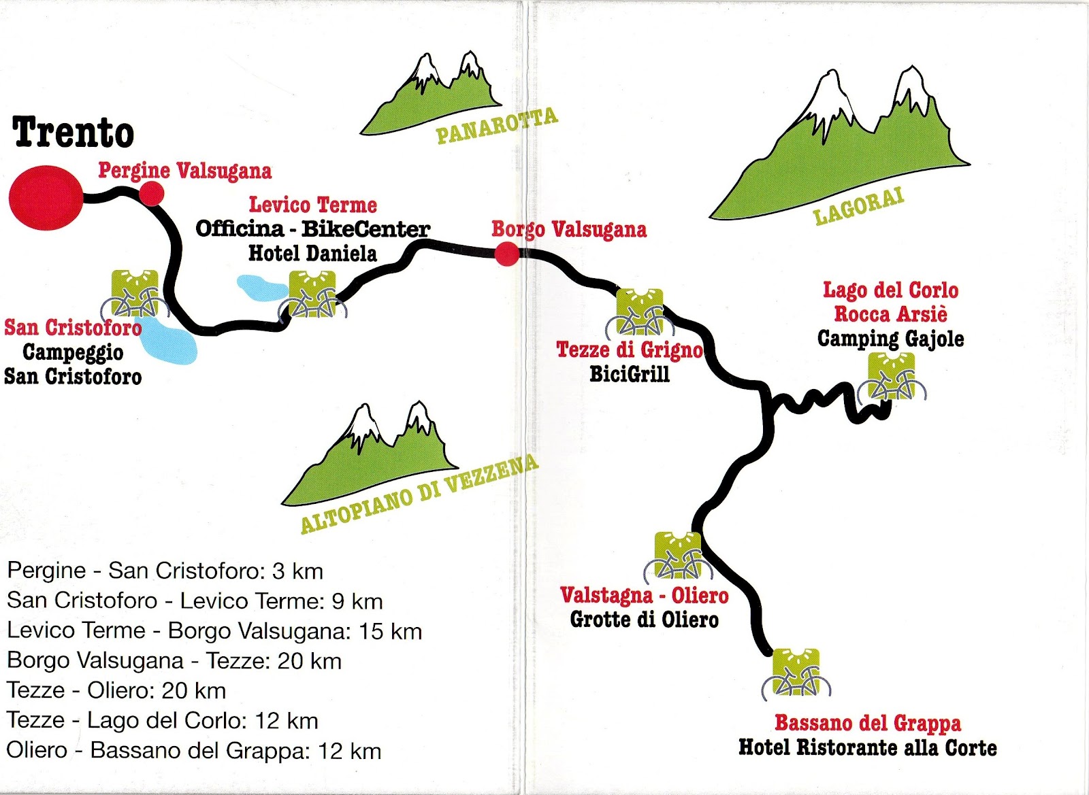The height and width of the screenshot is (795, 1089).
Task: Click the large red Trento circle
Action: [46, 197]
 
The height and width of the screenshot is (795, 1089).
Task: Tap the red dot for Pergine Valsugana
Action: [152, 194]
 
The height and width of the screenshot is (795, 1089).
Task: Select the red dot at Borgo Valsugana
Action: [506, 254]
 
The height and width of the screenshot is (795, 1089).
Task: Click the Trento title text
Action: [74, 132]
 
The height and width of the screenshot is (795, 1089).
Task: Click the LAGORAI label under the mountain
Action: [858, 206]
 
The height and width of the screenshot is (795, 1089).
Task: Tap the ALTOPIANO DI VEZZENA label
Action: [419, 494]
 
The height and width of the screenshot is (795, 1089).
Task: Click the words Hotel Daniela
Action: [312, 254]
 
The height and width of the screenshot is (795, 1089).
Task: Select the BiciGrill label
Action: [630, 374]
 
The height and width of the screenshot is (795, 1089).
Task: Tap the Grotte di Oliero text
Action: [644, 620]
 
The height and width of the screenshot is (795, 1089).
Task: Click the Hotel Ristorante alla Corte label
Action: [867, 748]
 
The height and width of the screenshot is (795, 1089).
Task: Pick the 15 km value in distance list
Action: [390, 631]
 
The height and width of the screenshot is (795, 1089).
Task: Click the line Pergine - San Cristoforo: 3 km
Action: [165, 571]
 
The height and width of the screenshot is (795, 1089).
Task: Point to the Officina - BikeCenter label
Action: [312, 229]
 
